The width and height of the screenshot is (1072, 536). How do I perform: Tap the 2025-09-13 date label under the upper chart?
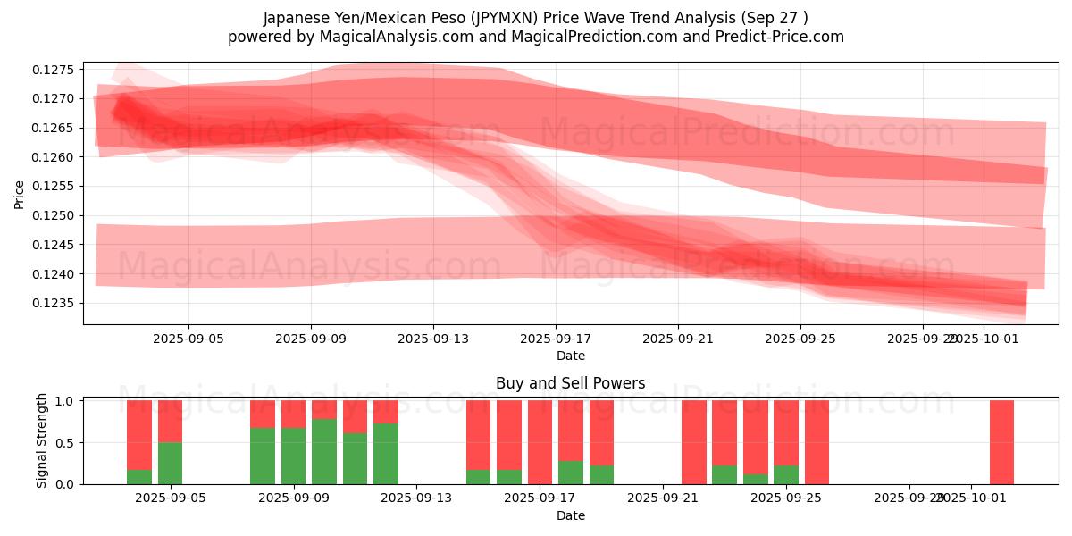click(433, 339)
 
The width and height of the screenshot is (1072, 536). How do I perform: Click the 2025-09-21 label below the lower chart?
click(663, 498)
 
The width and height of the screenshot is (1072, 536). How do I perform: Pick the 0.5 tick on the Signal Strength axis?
click(67, 443)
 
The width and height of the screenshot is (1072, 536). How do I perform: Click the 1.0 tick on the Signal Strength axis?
click(67, 401)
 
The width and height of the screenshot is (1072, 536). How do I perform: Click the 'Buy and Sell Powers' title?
click(570, 383)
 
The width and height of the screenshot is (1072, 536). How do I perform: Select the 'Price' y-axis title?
click(20, 194)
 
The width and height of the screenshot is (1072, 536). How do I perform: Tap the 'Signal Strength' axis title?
click(41, 440)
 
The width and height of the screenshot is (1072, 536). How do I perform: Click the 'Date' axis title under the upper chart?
click(570, 356)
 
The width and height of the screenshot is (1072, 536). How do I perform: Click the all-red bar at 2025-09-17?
click(540, 442)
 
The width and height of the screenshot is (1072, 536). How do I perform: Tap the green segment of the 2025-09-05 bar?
click(170, 463)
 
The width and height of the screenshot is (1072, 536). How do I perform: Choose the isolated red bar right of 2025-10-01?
click(1001, 442)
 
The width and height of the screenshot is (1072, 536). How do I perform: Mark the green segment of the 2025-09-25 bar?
click(785, 474)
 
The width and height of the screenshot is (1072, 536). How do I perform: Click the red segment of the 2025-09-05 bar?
click(170, 421)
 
